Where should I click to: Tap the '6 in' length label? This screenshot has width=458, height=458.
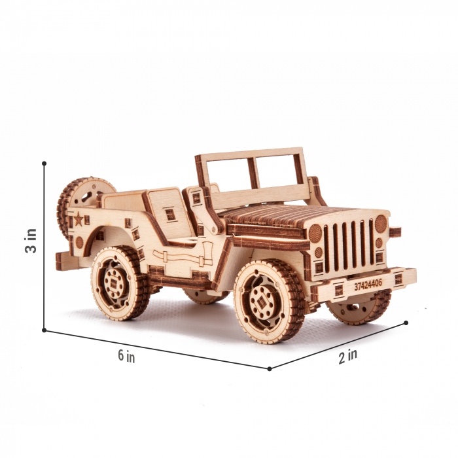(x=126, y=356)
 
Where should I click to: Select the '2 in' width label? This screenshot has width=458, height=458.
(x=348, y=357)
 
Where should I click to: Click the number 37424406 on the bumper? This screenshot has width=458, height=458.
(x=369, y=285)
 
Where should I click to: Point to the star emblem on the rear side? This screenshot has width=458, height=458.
(x=79, y=219)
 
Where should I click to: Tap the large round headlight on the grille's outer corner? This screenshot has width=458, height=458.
(x=380, y=224)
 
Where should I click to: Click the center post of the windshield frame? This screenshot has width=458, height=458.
(x=253, y=173)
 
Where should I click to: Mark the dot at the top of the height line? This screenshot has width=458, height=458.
(x=44, y=163)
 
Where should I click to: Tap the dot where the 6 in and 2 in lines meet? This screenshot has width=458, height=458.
(x=269, y=368)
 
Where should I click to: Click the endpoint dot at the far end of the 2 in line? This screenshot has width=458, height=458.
(x=406, y=323)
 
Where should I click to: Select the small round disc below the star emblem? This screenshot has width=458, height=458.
(x=79, y=242)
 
